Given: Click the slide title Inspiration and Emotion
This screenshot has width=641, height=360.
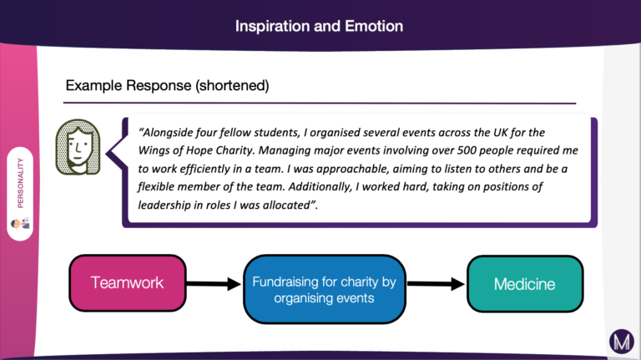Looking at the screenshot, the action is coord(319,26).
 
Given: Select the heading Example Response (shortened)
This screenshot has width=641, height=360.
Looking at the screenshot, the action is coord(167,85).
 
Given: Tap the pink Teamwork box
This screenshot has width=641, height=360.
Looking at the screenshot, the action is coord(128,282).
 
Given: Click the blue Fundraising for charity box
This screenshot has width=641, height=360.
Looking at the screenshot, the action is coord(325,289).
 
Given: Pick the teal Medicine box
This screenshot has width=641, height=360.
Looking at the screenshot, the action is coord(525,283).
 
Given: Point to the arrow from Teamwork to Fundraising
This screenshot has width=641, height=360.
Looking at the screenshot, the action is coord(214,283).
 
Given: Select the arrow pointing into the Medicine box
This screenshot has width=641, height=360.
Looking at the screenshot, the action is coord(436,283).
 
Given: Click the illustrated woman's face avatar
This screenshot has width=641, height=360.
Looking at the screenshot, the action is coord(78,147).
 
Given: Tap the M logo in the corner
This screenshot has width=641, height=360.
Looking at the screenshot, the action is coord(622,342).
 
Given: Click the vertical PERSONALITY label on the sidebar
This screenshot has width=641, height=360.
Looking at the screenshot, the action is coord(20,183).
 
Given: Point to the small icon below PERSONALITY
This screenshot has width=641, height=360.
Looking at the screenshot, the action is coord(20,223).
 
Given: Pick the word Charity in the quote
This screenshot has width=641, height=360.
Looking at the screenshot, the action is coord(235,150).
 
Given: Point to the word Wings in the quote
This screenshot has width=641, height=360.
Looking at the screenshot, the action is coord(152,150).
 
